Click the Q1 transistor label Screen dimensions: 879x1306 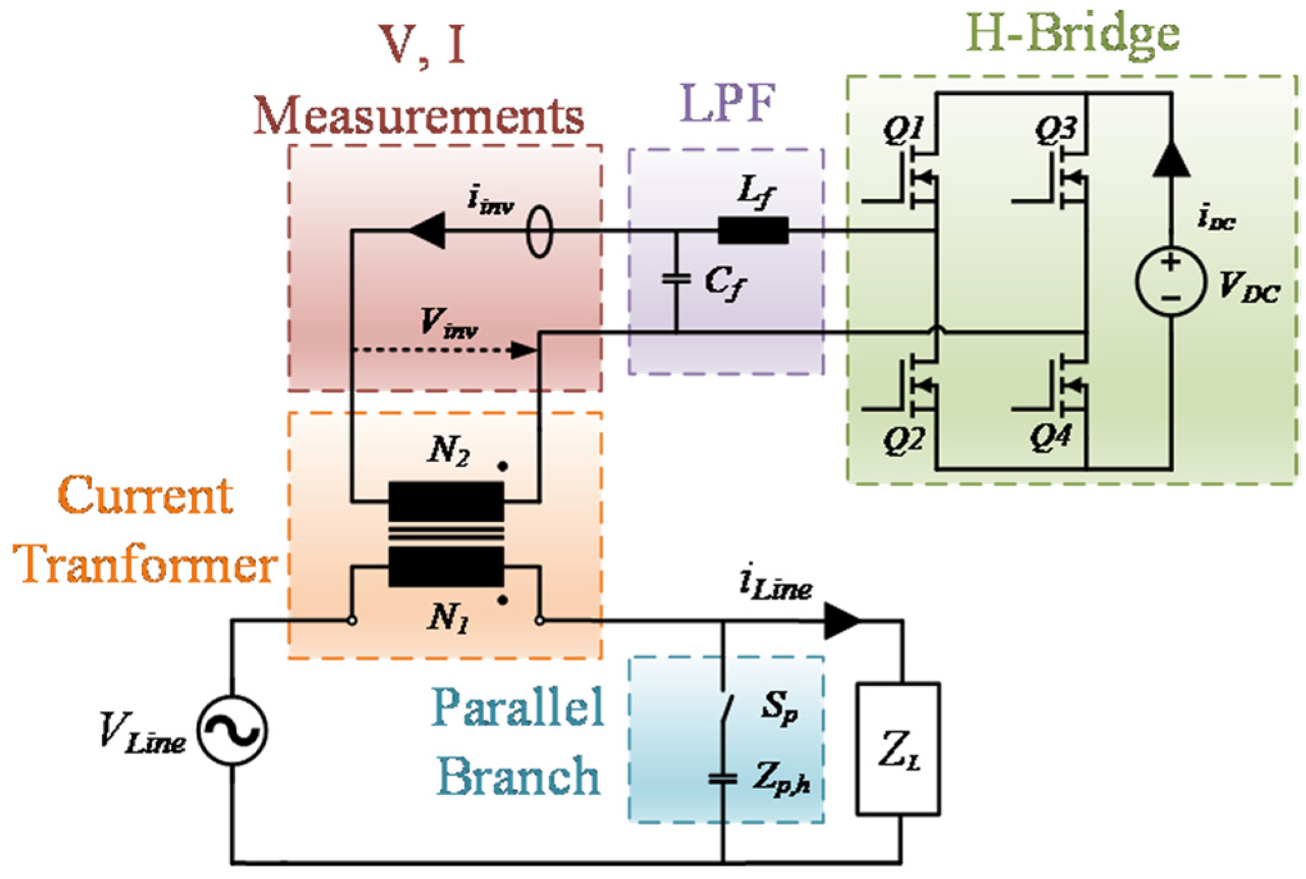tap(903, 130)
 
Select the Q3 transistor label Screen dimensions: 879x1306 tap(1055, 130)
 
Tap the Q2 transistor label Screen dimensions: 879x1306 tap(903, 440)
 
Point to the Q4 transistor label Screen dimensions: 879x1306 tap(1051, 436)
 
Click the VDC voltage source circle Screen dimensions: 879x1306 tap(1170, 280)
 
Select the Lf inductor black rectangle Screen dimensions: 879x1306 tap(753, 230)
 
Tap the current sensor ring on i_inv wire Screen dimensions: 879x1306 tap(539, 232)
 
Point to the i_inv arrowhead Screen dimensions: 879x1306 tap(428, 230)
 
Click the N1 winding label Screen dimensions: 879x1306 tap(448, 618)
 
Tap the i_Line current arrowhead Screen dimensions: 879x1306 tap(842, 621)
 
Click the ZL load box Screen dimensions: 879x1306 tap(898, 749)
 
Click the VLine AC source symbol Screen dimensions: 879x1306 tap(232, 730)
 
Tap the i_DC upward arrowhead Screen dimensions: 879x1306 tap(1171, 158)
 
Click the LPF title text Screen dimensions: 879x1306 tap(727, 101)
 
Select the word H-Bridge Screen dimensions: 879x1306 tap(1072, 33)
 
